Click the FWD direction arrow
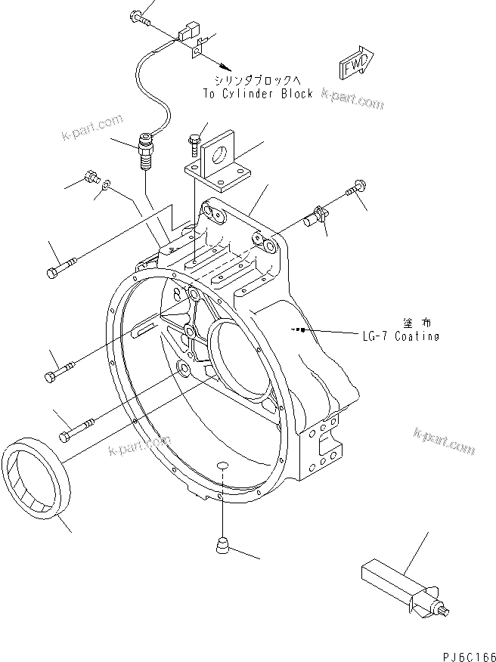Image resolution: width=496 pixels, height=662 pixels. click(x=355, y=65)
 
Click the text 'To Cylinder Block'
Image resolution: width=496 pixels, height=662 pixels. click(x=257, y=94)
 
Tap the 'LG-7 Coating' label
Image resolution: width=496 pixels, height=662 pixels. click(x=400, y=336)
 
